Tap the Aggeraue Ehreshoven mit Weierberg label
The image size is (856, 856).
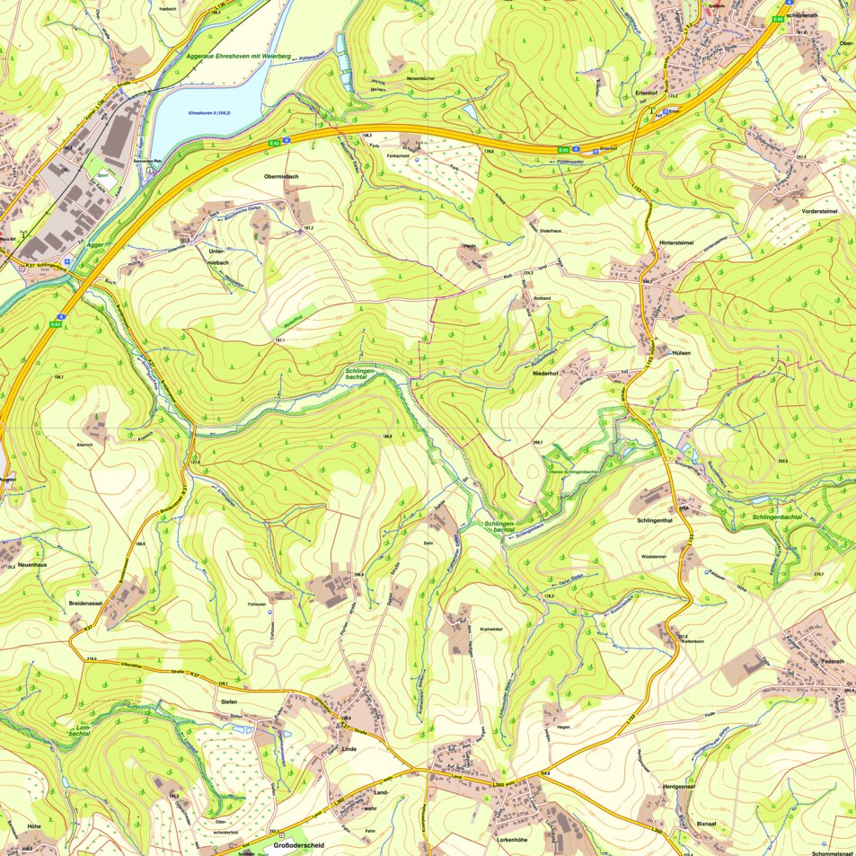[238, 57]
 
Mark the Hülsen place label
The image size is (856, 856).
[682, 354]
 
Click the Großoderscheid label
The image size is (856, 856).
[293, 845]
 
